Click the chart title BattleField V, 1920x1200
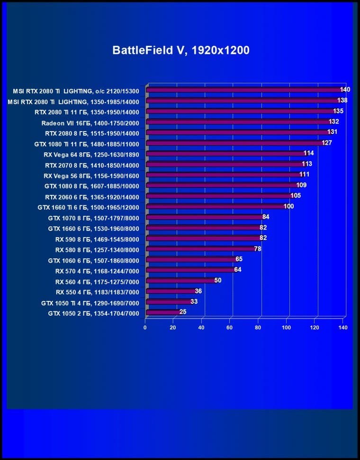tap(180, 51)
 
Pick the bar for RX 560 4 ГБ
tap(180, 281)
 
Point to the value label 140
tap(345, 89)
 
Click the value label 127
tap(326, 142)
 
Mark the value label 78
tap(258, 248)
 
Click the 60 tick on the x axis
tap(230, 327)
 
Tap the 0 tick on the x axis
tap(145, 327)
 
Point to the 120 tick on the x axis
tap(315, 327)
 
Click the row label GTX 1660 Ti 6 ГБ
tap(88, 207)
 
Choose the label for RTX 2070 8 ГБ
tap(92, 165)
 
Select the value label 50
tap(217, 280)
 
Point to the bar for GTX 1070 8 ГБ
tap(204, 217)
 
